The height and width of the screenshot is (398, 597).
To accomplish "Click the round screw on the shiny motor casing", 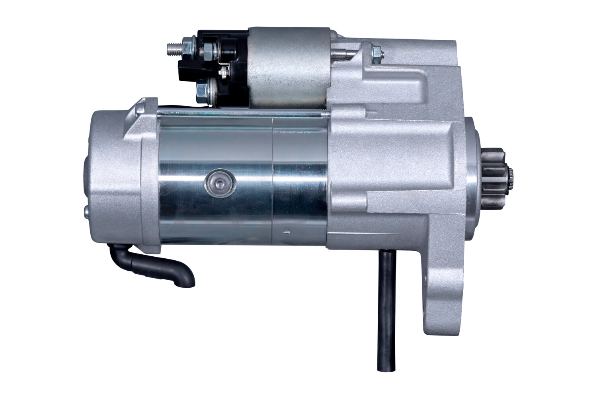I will [x=219, y=183].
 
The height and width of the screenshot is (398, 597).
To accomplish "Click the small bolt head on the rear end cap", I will [x=85, y=213].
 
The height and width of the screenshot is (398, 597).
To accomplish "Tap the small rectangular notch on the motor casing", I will [x=285, y=230].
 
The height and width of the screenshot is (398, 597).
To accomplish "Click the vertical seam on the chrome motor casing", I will [x=272, y=179].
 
